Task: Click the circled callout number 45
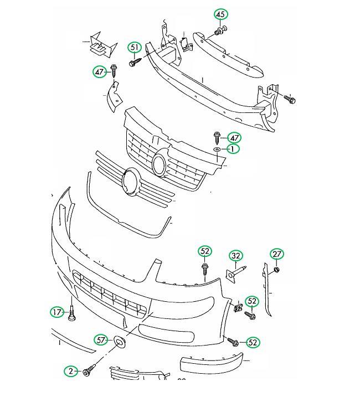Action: coord(220,14)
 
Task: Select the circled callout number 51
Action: coord(135,48)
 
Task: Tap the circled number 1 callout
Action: coord(232,149)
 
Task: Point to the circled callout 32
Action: coord(235,256)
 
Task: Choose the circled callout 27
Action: coord(277,254)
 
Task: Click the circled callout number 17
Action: coord(57,312)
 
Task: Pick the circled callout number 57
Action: coord(101,340)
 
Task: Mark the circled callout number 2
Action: coord(71,371)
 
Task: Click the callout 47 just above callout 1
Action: coord(234,138)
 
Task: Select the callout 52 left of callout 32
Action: coord(205,251)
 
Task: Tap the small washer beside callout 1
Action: coord(217,149)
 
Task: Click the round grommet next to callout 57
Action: coord(120,342)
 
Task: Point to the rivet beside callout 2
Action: coord(89,370)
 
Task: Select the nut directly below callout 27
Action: coord(276,270)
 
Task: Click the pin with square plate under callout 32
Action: coord(234,274)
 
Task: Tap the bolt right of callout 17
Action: coord(72,312)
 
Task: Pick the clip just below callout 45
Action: coord(221,30)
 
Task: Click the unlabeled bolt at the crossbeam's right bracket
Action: coord(290,99)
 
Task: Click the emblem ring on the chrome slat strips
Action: coord(131,182)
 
